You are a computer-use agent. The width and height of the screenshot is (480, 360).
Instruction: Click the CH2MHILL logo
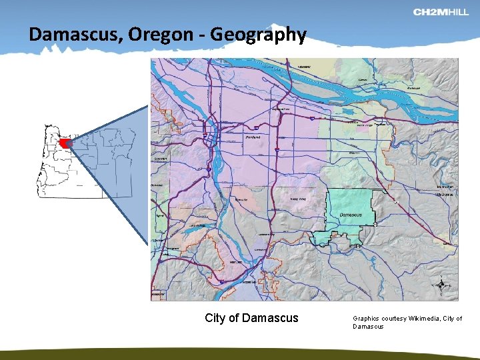tap(441, 12)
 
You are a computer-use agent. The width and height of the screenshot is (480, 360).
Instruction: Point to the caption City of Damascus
tap(251, 318)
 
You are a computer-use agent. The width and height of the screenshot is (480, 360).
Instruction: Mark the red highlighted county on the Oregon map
tap(65, 143)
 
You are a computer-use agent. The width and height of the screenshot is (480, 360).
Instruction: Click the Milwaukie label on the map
tap(241, 199)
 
